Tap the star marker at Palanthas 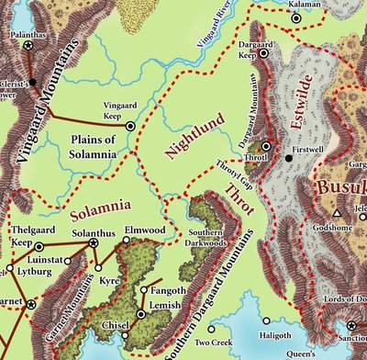coord(28,43)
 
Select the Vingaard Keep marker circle coord(129,126)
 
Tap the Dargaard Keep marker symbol coord(264,54)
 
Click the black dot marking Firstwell coord(288,158)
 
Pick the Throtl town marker coord(265,146)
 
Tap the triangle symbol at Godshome coord(338,213)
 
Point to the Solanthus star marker coord(93,243)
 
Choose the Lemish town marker coord(140,314)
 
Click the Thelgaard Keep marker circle coord(39,247)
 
